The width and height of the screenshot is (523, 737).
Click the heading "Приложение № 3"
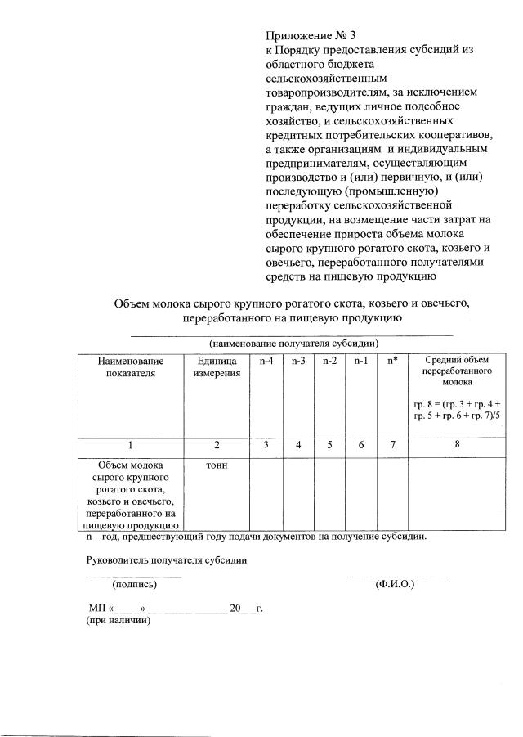click(311, 36)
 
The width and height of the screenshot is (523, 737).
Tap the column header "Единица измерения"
click(217, 367)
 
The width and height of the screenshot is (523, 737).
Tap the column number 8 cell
click(457, 444)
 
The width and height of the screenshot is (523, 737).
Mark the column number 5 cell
click(329, 445)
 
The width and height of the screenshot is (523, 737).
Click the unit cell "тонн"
click(217, 465)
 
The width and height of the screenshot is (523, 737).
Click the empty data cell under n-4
click(266, 495)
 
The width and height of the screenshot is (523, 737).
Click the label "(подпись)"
click(134, 584)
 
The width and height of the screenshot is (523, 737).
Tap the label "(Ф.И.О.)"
click(396, 584)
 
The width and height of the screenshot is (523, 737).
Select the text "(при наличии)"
click(118, 621)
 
